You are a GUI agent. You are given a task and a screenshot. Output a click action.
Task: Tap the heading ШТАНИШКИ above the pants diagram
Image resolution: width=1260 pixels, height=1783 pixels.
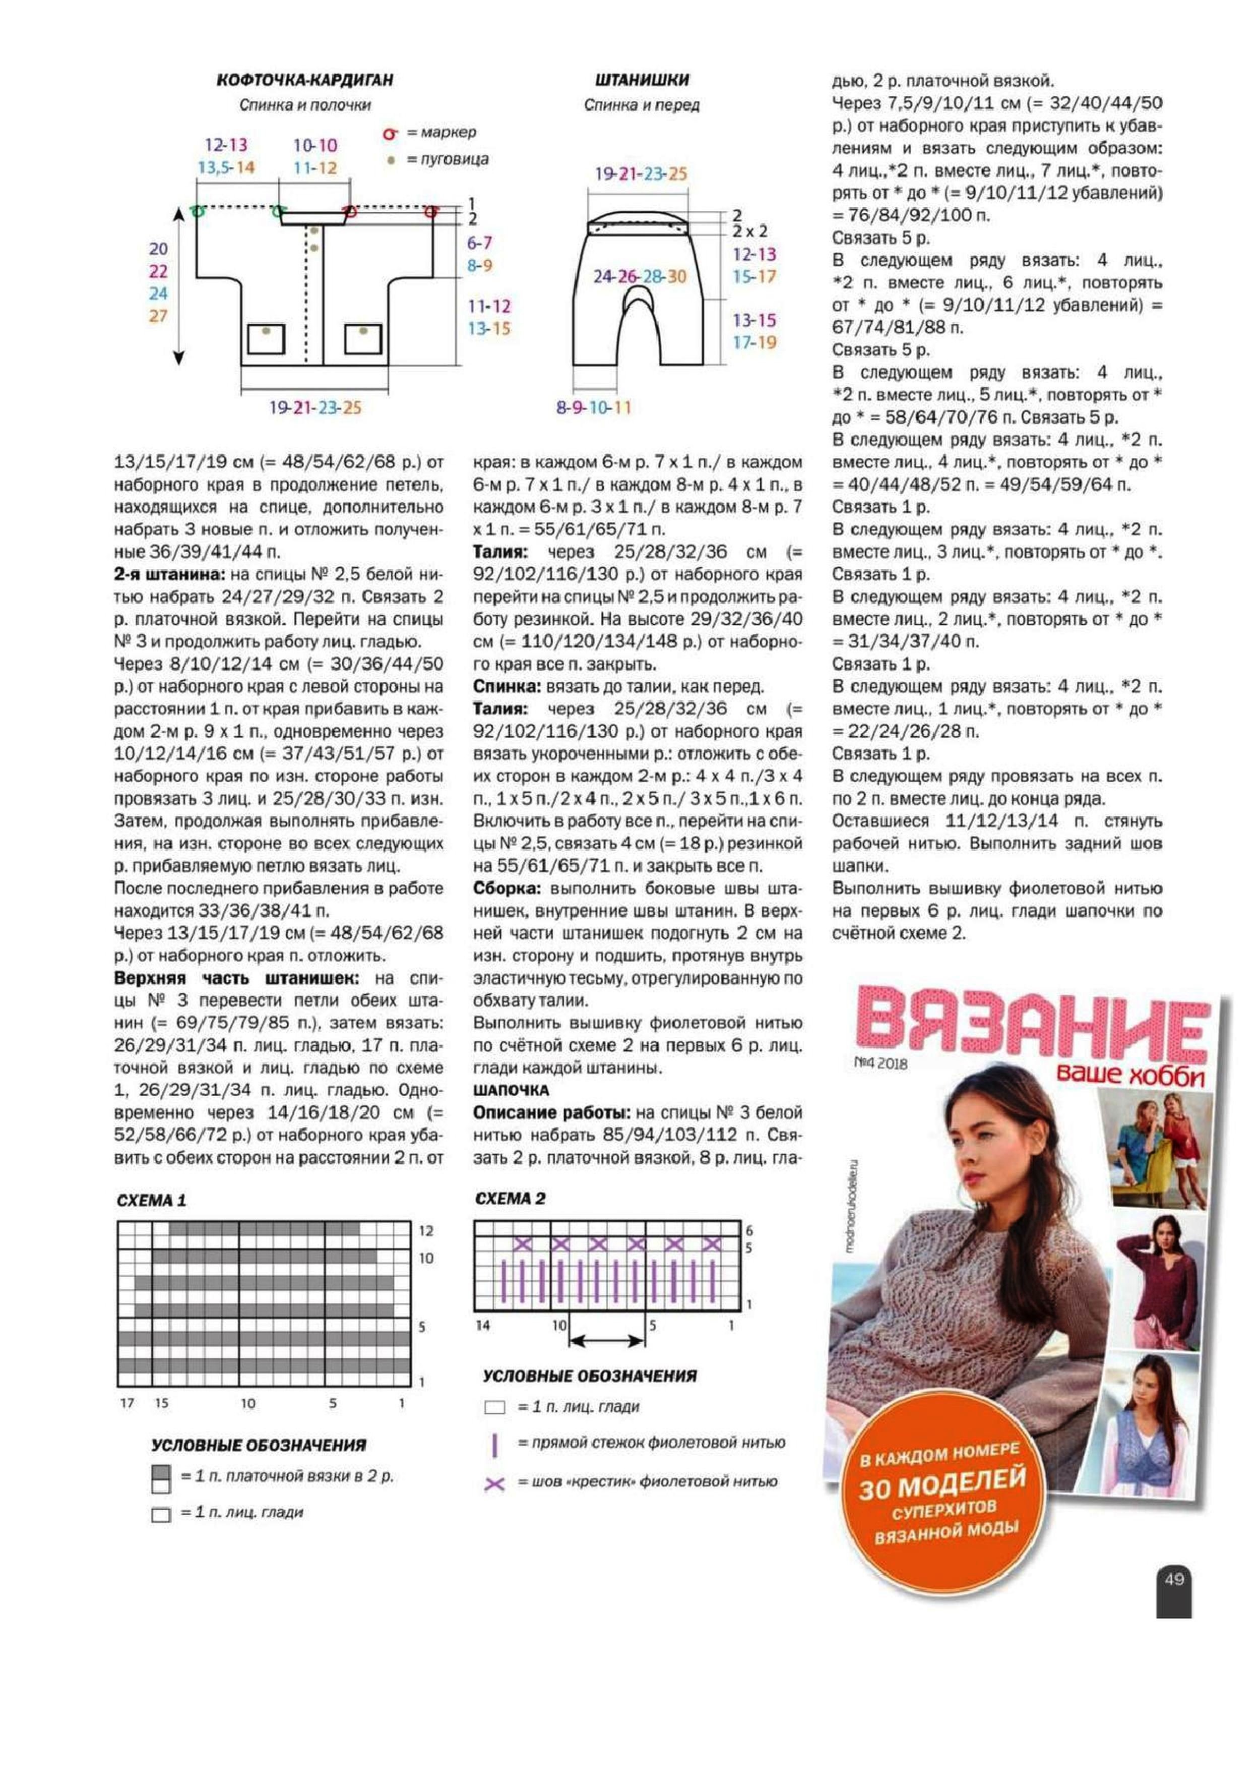click(x=642, y=80)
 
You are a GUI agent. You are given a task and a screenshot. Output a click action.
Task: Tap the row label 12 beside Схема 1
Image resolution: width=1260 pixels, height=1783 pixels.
click(x=425, y=1231)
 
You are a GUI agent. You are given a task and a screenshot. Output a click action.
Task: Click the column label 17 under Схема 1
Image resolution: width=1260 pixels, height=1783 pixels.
click(x=128, y=1403)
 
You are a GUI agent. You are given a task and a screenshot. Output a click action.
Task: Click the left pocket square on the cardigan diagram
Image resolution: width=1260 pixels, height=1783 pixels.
click(x=266, y=338)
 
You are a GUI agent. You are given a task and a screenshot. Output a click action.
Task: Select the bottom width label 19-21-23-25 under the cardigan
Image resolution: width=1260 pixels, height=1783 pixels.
click(x=315, y=408)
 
